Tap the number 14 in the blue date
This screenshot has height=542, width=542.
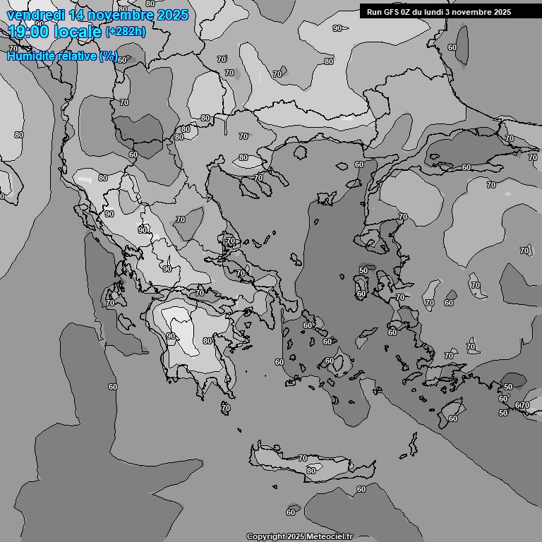79,15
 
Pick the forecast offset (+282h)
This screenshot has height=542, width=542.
125,32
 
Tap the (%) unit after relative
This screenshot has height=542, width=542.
108,56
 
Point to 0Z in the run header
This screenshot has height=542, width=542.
406,12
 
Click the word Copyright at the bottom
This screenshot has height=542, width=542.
265,536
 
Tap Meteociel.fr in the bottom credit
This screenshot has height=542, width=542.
329,536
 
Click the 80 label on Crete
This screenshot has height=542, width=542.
311,471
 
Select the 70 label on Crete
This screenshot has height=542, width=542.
302,459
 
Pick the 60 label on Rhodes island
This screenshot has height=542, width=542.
452,418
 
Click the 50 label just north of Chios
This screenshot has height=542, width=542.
363,270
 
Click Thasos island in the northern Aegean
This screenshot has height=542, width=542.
299,150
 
